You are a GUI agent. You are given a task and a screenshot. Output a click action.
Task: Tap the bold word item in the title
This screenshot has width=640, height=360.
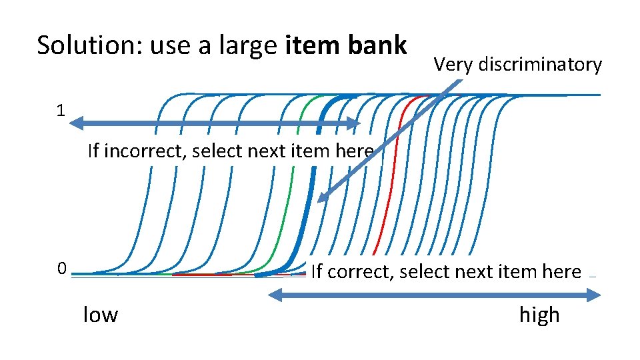pyautogui.click(x=309, y=45)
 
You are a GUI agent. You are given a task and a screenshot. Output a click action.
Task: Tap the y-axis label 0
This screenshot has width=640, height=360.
pyautogui.click(x=61, y=269)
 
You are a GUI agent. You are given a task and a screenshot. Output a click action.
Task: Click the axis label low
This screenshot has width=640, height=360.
pyautogui.click(x=100, y=314)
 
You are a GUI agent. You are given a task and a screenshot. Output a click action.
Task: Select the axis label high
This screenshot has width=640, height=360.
pyautogui.click(x=539, y=314)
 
